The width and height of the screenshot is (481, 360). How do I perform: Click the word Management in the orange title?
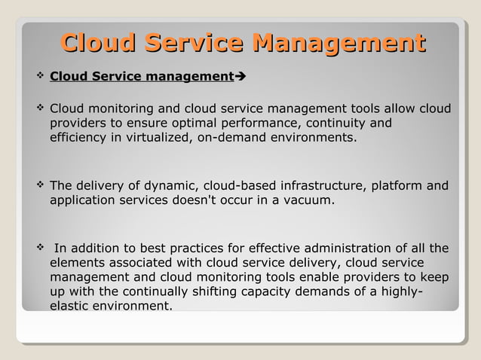339,43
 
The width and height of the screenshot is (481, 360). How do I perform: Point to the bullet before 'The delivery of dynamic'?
39,185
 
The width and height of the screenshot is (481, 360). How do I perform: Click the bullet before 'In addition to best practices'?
39,247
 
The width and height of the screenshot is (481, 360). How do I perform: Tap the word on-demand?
231,139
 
